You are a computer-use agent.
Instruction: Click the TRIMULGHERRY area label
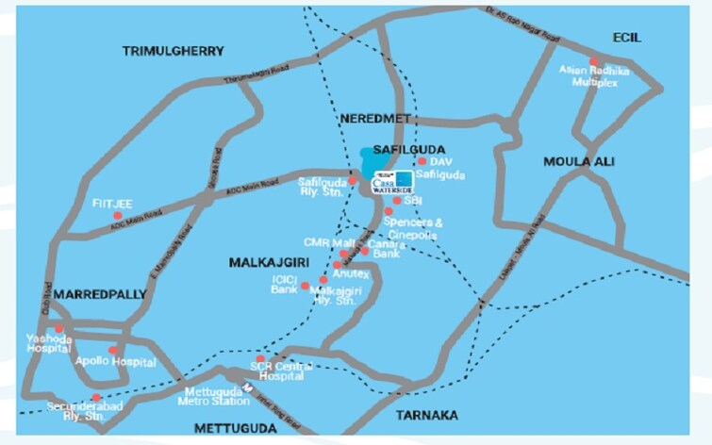click(x=173, y=51)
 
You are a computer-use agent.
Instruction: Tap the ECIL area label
click(x=625, y=37)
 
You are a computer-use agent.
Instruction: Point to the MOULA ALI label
click(x=578, y=161)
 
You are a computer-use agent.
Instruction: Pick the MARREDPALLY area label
click(x=100, y=294)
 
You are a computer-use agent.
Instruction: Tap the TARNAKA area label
click(x=426, y=415)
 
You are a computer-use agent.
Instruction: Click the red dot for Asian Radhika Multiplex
click(x=593, y=62)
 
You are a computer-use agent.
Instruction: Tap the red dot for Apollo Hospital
click(x=113, y=350)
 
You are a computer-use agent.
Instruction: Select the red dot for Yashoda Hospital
click(x=58, y=328)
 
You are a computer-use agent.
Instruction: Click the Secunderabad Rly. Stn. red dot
click(x=95, y=398)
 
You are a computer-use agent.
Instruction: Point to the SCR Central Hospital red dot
click(x=260, y=358)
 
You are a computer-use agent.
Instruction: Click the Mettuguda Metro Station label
click(x=212, y=396)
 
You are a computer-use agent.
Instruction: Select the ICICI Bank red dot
click(x=305, y=285)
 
